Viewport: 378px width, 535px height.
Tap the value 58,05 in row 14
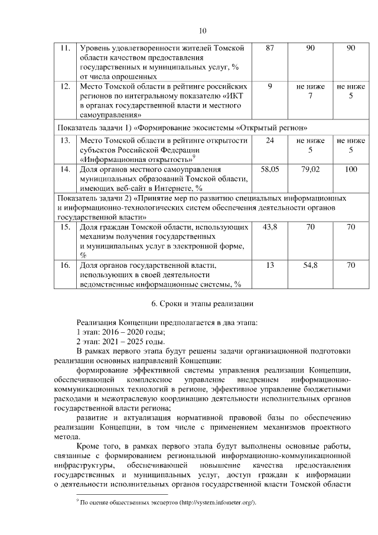pos(270,169)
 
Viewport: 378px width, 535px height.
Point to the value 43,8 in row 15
pos(270,227)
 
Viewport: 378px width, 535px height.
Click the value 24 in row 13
pos(270,140)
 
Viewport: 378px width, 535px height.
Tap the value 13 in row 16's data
pos(270,265)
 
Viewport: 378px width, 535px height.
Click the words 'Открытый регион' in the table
pos(272,127)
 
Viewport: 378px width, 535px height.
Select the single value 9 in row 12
pos(270,87)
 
